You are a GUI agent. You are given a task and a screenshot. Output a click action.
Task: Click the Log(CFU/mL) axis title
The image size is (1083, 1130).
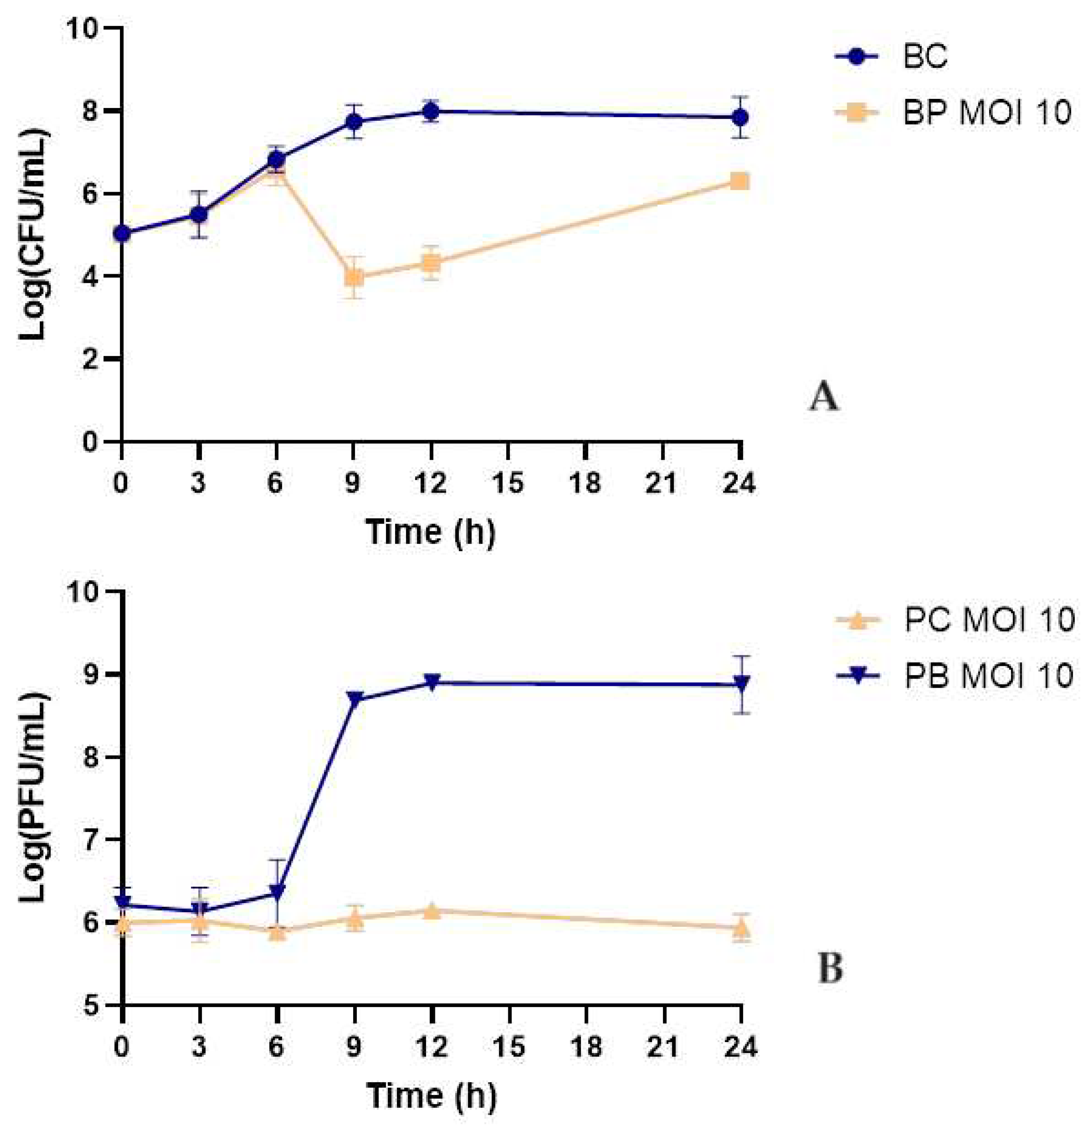coord(35,235)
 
